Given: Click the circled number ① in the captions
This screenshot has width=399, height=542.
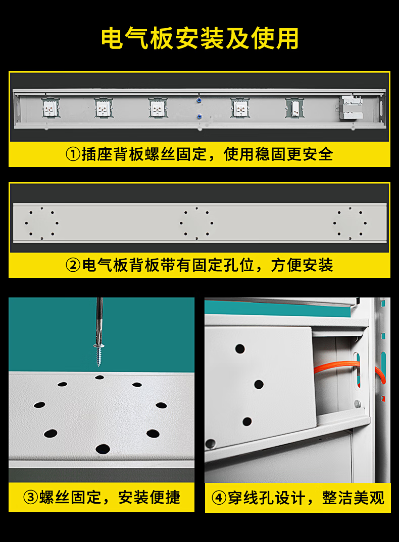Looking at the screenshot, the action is tap(73, 154).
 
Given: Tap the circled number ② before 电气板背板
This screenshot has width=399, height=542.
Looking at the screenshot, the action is tap(73, 265).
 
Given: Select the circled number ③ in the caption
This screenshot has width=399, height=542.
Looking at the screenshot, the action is tap(30, 498).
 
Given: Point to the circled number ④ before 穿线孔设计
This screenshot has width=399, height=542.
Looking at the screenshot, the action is tap(219, 498).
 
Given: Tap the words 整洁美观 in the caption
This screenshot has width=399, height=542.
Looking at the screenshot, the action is tap(353, 498).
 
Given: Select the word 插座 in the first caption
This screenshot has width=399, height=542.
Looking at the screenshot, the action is tap(97, 154).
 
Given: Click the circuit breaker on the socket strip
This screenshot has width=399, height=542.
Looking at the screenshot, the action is tap(351, 107).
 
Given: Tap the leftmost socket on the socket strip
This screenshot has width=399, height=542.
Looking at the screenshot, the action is tap(50, 108).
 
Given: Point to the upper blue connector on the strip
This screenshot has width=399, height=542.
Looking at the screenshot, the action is tap(199, 100).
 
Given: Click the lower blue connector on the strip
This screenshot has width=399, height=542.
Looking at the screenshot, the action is tap(199, 116).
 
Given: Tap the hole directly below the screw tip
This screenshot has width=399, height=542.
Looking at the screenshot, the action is tap(99, 377).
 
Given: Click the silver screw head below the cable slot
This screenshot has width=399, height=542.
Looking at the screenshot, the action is tap(358, 403).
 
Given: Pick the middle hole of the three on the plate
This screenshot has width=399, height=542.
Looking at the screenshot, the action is tap(259, 384).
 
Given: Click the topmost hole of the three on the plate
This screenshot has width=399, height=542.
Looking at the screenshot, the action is tap(240, 348).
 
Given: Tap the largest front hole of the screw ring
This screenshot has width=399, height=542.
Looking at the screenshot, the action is tap(103, 449).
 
